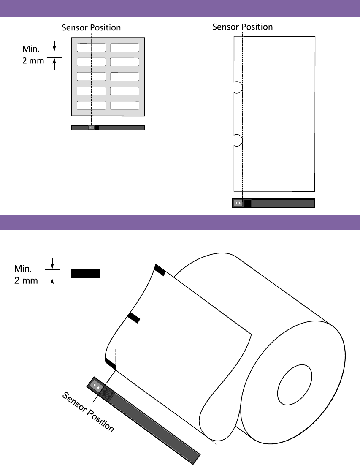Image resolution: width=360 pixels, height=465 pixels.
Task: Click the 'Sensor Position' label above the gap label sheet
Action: point(91,28)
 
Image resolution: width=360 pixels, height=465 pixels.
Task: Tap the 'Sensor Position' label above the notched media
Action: point(242,27)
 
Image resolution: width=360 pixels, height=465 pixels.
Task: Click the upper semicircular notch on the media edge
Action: point(238,87)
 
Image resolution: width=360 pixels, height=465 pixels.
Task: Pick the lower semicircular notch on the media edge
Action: point(238,140)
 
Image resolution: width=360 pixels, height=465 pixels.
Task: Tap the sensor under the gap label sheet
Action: point(91,127)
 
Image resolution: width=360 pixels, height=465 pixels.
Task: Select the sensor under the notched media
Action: point(238,203)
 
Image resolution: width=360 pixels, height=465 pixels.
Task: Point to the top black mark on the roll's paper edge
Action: point(160,270)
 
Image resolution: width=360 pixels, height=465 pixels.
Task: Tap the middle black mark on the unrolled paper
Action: point(133,318)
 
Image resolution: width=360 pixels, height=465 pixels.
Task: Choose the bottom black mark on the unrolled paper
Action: point(110,363)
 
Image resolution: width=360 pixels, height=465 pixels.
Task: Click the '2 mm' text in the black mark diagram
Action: point(26,280)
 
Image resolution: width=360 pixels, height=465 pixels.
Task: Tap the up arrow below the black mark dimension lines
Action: point(52,285)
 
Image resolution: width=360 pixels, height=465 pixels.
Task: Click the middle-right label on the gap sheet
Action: point(125,76)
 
